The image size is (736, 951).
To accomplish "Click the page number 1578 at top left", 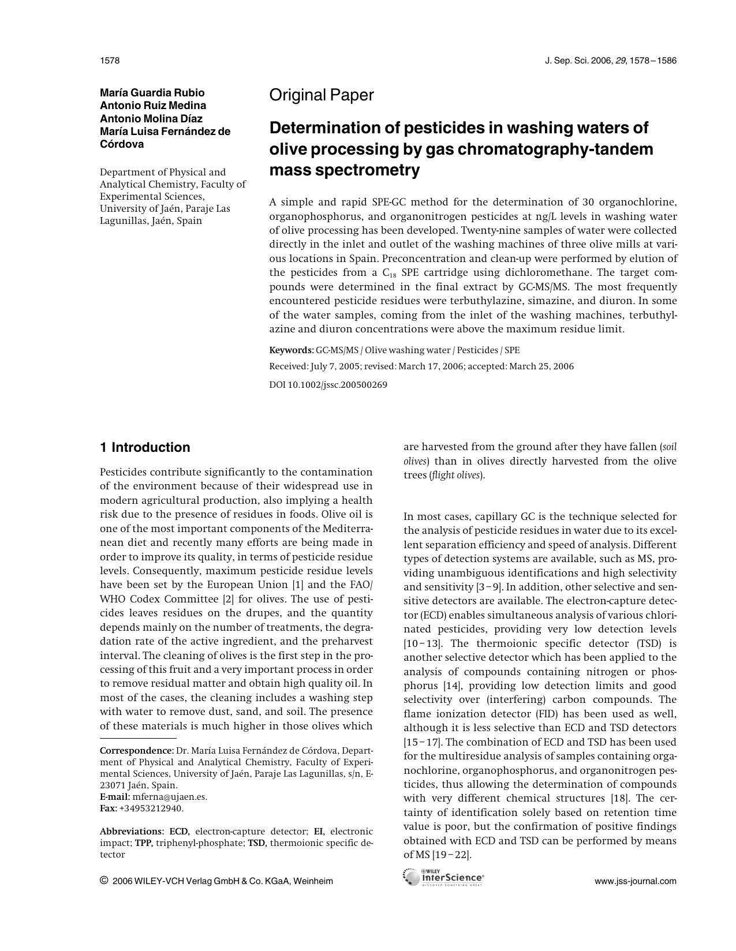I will pyautogui.click(x=109, y=61).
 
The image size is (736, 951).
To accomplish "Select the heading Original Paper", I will pyautogui.click(x=322, y=95).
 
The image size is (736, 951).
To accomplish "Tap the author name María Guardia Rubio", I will pyautogui.click(x=152, y=93).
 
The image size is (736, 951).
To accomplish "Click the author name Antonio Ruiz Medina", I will pyautogui.click(x=153, y=106).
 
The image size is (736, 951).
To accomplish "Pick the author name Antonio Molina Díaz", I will pyautogui.click(x=151, y=118).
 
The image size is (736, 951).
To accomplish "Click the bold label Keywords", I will pyautogui.click(x=291, y=350).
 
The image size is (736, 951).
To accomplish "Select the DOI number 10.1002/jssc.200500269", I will pyautogui.click(x=337, y=385).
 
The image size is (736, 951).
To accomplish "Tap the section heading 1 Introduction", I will pyautogui.click(x=145, y=448).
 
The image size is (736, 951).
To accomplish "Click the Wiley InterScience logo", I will pyautogui.click(x=444, y=878).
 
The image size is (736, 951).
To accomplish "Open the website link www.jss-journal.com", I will pyautogui.click(x=635, y=881).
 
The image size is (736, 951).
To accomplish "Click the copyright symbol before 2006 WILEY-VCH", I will pyautogui.click(x=104, y=881).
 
